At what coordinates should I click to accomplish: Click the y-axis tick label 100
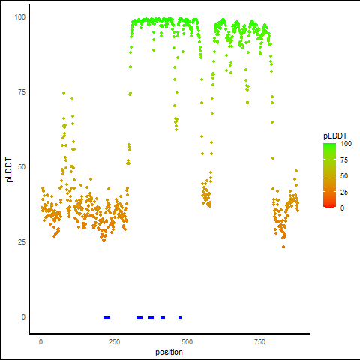pos(20,17)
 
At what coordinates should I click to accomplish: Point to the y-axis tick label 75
pos(22,92)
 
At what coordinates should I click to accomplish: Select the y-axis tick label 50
pos(22,167)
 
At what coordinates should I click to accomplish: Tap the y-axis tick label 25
pos(22,242)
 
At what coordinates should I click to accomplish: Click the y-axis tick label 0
pos(23,317)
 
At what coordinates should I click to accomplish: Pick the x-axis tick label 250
pos(114,342)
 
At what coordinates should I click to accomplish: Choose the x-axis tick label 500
pos(187,342)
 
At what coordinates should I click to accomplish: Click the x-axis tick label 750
pos(259,342)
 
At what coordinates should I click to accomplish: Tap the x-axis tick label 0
pos(40,342)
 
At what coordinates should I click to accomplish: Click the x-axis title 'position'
pos(169,352)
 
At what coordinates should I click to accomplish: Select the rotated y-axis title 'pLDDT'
pos(9,170)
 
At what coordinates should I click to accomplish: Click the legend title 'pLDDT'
pos(335,136)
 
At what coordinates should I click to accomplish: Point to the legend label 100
pos(346,144)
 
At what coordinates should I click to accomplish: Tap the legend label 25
pos(344,192)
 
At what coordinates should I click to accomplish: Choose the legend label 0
pos(342,208)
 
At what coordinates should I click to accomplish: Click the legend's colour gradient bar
pos(329,175)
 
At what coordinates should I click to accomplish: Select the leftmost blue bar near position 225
pos(106,317)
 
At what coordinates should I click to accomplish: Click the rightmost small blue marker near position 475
pos(180,317)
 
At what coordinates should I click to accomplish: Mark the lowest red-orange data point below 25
pos(283,247)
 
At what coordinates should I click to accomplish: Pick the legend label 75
pos(344,160)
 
